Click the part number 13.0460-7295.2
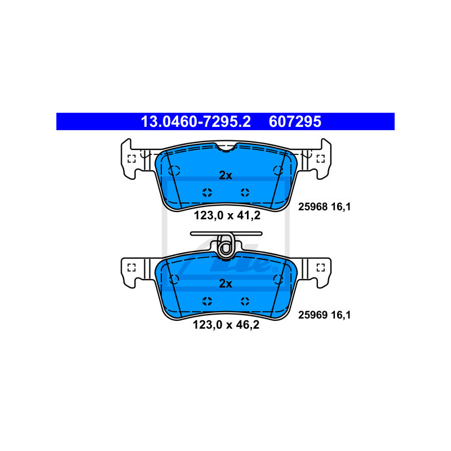click(196, 122)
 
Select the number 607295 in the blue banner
click(295, 122)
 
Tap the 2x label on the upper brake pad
click(225, 175)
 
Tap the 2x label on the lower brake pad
click(225, 284)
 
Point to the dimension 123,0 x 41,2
click(227, 215)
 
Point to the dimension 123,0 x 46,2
click(226, 325)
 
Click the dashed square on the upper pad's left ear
click(131, 159)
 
